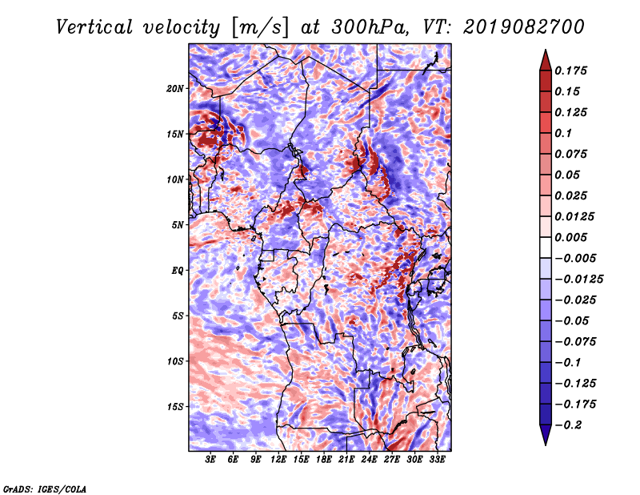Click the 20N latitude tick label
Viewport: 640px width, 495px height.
click(x=175, y=89)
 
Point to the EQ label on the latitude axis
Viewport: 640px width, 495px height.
click(x=178, y=271)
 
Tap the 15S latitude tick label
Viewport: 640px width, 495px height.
click(x=175, y=407)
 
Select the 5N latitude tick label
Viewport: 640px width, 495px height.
click(x=178, y=225)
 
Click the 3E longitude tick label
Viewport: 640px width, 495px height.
click(x=210, y=460)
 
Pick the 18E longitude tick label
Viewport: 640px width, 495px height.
click(x=324, y=460)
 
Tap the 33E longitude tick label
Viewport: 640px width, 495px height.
click(x=437, y=460)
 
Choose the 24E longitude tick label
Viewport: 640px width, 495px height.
click(x=369, y=460)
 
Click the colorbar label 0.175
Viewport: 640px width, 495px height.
click(x=571, y=70)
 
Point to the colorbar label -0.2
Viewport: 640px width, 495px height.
click(x=569, y=425)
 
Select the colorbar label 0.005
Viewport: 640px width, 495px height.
click(x=571, y=237)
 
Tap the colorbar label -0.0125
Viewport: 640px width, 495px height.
click(x=579, y=280)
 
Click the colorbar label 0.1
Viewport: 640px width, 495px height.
click(x=564, y=133)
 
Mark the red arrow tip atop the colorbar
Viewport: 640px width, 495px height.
click(x=546, y=50)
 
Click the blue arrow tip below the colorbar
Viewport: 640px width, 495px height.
click(x=546, y=445)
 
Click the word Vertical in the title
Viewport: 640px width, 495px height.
click(x=94, y=27)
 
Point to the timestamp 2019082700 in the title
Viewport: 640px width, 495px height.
click(x=524, y=27)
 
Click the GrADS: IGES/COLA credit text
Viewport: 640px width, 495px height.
click(x=45, y=489)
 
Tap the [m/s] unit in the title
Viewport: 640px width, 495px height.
click(x=260, y=28)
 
